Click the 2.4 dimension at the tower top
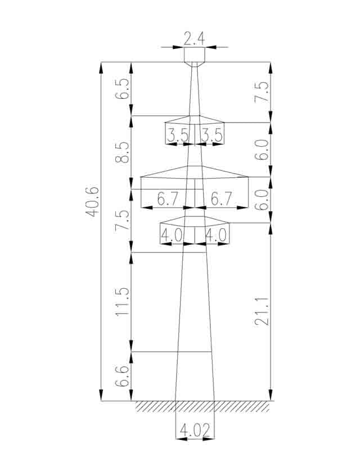[x=194, y=39]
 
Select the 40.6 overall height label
[x=92, y=202]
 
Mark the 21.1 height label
[x=262, y=311]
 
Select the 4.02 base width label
[x=195, y=430]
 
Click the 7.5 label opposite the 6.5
[x=262, y=92]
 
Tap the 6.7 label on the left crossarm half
[x=168, y=199]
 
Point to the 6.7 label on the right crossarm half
[x=222, y=199]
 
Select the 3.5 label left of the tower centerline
[x=178, y=135]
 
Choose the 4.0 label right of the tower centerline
[x=215, y=235]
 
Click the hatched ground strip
[x=202, y=406]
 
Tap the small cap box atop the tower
[x=195, y=55]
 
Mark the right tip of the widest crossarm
[x=248, y=176]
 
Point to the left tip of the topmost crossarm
[x=165, y=122]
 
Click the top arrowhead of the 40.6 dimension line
[x=101, y=68]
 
